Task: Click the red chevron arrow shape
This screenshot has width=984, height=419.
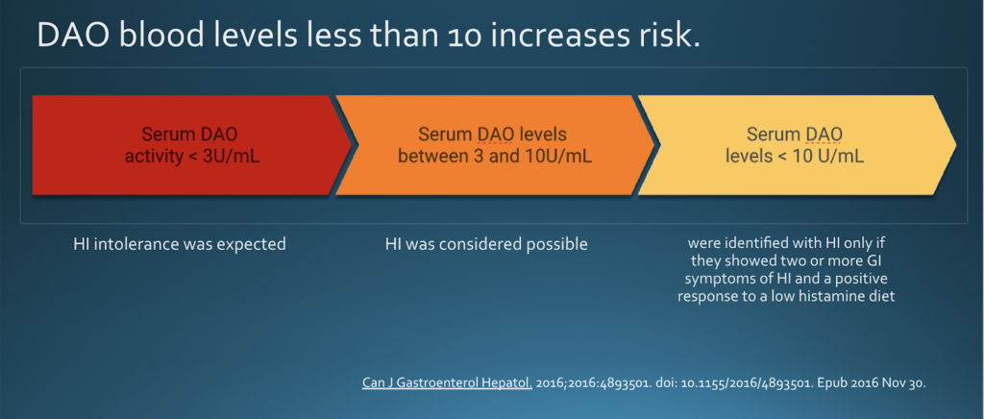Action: [x=183, y=144]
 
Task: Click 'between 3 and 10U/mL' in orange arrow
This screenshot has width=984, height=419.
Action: [x=495, y=155]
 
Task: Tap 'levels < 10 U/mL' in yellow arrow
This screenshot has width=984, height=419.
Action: [x=795, y=155]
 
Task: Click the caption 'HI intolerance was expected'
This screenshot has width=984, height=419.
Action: [x=180, y=244]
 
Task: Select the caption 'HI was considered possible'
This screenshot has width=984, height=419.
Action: [x=486, y=244]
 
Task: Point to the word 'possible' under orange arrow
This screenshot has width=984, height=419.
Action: [x=555, y=244]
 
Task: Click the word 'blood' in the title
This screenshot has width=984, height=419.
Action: [x=160, y=37]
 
